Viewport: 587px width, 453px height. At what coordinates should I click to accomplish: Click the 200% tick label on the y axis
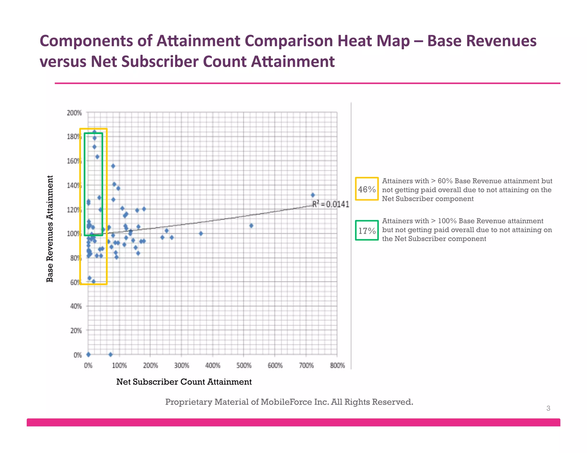tap(74, 113)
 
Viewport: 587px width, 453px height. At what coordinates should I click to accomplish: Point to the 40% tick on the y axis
tap(76, 306)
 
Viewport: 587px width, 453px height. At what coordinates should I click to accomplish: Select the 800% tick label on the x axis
tap(337, 366)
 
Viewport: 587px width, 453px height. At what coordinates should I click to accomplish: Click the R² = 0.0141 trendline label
tap(330, 204)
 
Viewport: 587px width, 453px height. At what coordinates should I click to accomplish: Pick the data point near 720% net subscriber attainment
tap(313, 195)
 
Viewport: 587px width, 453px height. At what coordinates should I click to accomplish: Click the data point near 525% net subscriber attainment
tap(251, 226)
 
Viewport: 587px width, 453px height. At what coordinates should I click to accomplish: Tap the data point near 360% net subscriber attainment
tap(201, 233)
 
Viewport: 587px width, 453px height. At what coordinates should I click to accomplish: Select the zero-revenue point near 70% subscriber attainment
tap(110, 354)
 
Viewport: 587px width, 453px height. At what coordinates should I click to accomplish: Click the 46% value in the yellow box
tap(367, 189)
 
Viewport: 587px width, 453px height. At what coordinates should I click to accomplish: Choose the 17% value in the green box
tap(367, 231)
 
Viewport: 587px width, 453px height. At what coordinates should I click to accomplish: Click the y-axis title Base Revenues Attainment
tap(50, 229)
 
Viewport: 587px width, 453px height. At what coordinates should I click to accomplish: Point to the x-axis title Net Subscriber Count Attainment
tap(184, 382)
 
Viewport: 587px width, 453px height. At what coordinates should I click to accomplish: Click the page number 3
tap(548, 408)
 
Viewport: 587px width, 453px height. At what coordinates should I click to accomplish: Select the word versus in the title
tap(62, 62)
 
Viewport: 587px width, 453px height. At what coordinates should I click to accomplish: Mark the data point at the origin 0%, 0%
tap(88, 354)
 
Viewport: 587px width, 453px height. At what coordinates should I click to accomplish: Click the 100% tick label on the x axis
tap(119, 366)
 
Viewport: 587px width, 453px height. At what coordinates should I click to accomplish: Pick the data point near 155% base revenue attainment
tap(113, 166)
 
